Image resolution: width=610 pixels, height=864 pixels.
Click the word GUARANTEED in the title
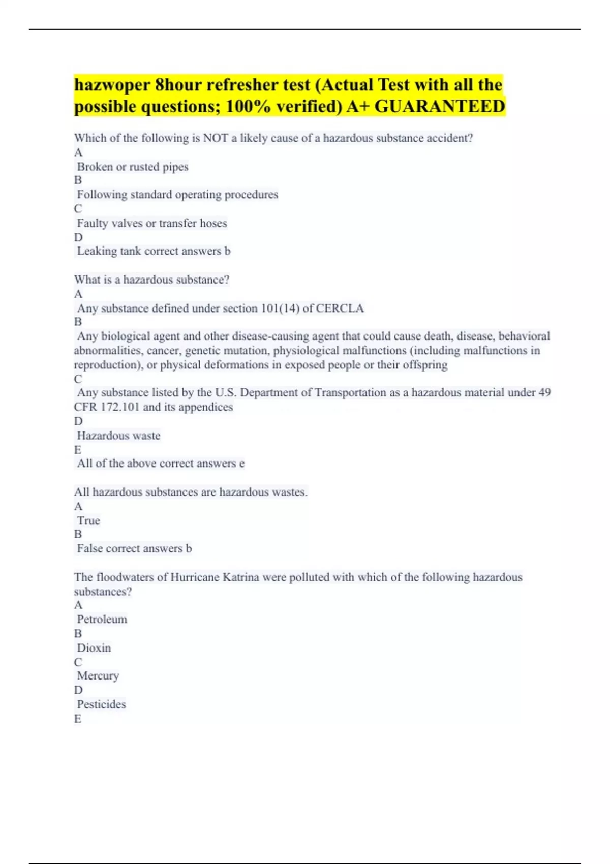(440, 106)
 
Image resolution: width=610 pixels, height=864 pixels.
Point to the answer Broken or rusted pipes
(132, 167)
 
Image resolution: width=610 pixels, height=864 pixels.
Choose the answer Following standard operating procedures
(177, 195)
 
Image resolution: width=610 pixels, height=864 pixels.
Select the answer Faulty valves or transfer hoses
(151, 223)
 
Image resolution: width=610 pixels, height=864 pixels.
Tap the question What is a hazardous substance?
(151, 280)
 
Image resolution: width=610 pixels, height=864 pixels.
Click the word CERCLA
(340, 308)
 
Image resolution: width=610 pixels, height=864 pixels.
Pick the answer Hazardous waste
(118, 436)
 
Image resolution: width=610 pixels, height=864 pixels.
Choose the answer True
(88, 521)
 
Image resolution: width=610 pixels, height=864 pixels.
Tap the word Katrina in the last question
(241, 577)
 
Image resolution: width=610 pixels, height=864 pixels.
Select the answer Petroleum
(102, 620)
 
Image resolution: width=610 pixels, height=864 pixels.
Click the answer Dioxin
(94, 648)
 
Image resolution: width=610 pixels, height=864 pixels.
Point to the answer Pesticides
(101, 704)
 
